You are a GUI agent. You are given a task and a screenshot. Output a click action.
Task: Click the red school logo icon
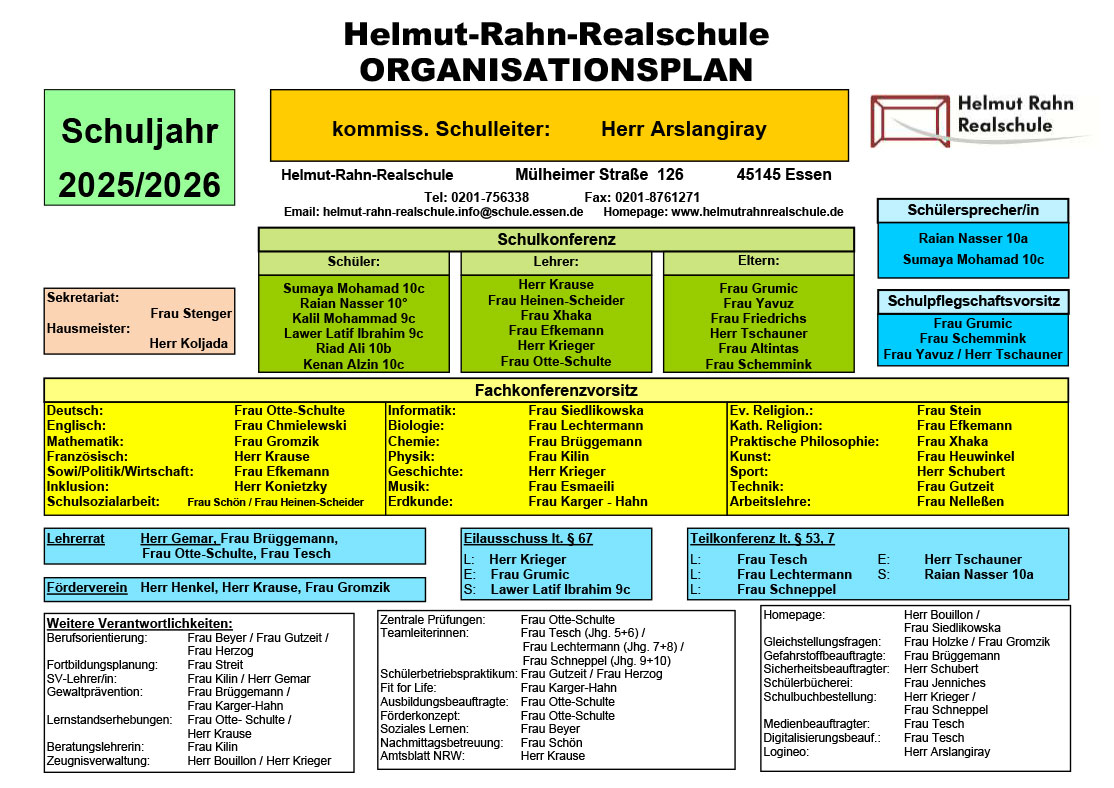pos(910,122)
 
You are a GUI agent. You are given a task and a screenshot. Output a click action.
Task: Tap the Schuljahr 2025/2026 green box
pos(139,148)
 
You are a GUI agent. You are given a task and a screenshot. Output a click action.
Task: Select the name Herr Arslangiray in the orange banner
pos(683,129)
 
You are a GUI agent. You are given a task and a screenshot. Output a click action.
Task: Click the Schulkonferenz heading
pos(556,239)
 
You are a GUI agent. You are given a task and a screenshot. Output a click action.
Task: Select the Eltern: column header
pos(759,261)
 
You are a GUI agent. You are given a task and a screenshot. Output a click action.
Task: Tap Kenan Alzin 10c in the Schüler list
pos(354,365)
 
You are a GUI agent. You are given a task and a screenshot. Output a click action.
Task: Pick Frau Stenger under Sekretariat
pos(191,313)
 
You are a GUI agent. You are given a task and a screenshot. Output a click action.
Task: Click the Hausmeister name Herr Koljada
pos(189,343)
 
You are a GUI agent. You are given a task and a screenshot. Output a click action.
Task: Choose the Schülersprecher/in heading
pos(973,210)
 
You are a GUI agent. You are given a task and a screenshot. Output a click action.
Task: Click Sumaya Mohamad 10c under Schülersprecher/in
pos(973,259)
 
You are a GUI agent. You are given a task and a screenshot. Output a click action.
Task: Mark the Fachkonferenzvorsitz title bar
pos(556,390)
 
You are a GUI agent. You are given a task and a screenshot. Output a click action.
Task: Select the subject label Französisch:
pos(87,456)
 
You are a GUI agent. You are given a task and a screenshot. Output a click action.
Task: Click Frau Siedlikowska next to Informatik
pos(586,411)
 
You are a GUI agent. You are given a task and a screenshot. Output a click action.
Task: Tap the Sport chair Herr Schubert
pos(961,471)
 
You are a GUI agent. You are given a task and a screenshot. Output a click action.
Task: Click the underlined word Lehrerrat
pos(75,539)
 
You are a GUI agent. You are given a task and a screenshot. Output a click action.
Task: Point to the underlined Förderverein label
pos(87,588)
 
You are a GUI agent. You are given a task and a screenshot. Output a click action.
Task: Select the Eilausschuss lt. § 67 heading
pos(528,539)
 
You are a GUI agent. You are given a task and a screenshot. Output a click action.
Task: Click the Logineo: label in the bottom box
pos(786,752)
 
